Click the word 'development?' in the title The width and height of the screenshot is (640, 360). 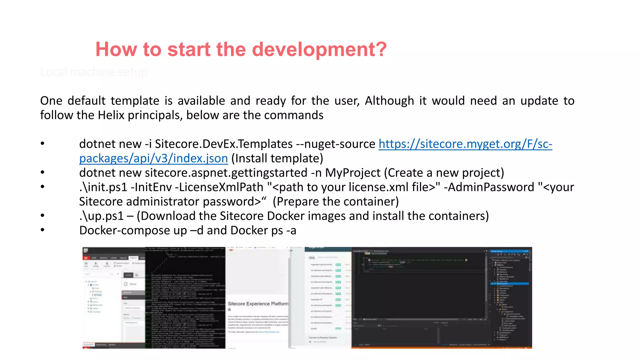coord(319,49)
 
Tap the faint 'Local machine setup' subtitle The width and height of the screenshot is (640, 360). coord(94,72)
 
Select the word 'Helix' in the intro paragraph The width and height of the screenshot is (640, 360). coord(111,115)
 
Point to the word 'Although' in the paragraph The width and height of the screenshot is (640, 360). coord(389,101)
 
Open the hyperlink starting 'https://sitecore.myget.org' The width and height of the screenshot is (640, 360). coord(465,144)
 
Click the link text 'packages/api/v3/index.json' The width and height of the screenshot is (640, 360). coord(153,158)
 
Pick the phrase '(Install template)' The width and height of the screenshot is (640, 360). coord(277,158)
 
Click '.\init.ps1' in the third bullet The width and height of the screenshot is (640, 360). coord(103,187)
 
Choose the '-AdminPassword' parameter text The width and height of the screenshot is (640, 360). coord(489,187)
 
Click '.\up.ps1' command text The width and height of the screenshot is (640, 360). coord(101,216)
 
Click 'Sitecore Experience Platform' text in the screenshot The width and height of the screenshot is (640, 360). coord(258,304)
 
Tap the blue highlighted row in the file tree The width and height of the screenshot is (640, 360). coord(510,284)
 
